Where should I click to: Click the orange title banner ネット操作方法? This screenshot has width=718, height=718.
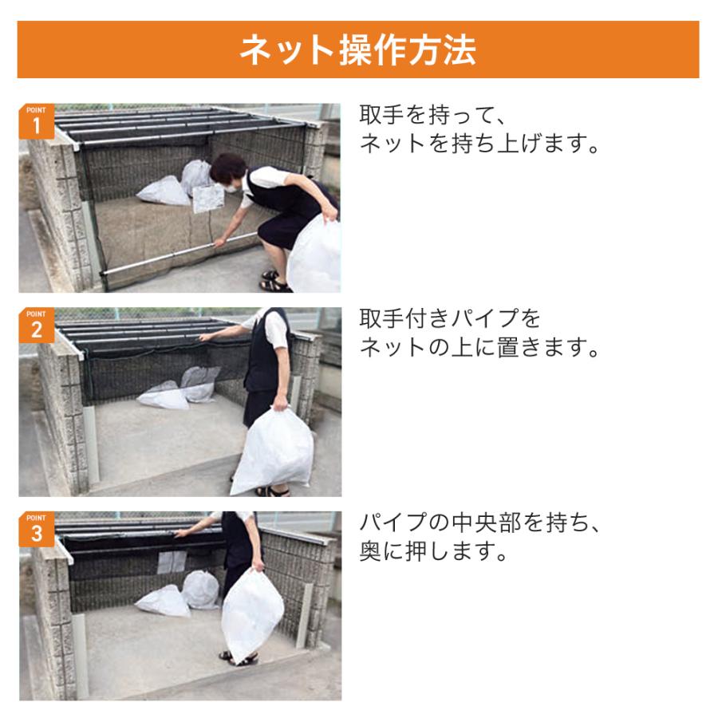[x=358, y=49]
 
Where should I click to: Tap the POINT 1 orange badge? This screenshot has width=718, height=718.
[x=36, y=121]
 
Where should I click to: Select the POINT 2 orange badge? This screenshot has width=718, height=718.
[x=36, y=325]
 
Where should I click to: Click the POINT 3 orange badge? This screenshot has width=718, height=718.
[x=36, y=529]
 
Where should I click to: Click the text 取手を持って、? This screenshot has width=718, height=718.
[x=432, y=115]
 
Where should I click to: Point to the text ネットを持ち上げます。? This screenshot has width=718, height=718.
[x=479, y=144]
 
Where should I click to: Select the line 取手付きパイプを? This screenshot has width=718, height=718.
[x=450, y=318]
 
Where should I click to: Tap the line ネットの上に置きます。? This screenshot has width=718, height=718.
[x=479, y=347]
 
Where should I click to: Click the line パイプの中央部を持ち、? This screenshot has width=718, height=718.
[x=479, y=523]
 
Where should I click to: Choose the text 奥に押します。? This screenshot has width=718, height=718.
[x=432, y=550]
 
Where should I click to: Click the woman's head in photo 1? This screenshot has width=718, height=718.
[x=228, y=172]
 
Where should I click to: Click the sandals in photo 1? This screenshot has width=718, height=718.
[x=274, y=282]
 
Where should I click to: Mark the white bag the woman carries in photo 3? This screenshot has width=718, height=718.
[x=252, y=613]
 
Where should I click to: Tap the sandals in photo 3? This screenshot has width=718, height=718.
[x=238, y=658]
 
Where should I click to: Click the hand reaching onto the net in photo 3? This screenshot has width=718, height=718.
[x=182, y=533]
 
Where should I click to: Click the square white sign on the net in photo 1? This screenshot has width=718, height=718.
[x=208, y=199]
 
